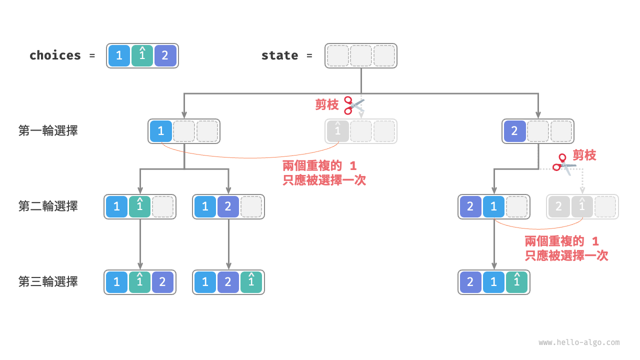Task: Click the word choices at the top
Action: click(x=55, y=55)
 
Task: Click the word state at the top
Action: click(x=279, y=55)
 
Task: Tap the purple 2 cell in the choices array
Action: click(x=165, y=56)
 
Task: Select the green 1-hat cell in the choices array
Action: click(x=142, y=55)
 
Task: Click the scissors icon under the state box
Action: click(x=354, y=104)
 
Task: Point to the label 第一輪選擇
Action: click(x=48, y=131)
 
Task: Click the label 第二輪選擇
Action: click(x=48, y=206)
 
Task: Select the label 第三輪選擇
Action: click(x=48, y=281)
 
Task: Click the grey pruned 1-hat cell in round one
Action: click(x=338, y=131)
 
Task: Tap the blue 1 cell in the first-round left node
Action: click(x=161, y=131)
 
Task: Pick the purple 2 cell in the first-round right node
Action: click(x=514, y=131)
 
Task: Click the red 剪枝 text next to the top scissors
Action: click(x=327, y=104)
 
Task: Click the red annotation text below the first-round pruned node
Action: click(x=324, y=173)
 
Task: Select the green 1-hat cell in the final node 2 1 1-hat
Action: click(x=516, y=282)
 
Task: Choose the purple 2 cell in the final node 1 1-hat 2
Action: click(x=162, y=282)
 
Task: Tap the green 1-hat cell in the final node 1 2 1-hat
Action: click(x=251, y=282)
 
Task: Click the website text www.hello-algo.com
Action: click(x=579, y=342)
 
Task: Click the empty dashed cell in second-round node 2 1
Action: click(x=516, y=207)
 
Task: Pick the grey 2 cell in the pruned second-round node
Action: click(x=558, y=207)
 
